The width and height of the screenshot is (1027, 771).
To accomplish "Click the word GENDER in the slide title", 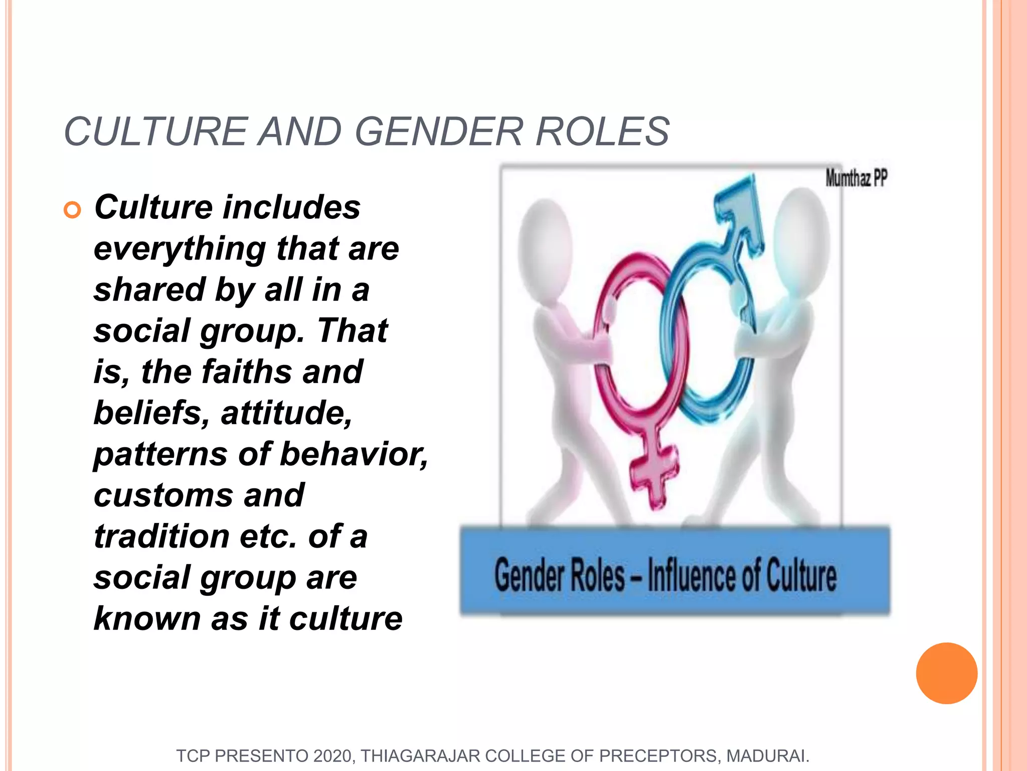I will (439, 132).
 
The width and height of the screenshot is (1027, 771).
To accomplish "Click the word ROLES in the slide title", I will (602, 132).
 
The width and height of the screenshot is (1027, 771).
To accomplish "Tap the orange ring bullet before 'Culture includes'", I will (73, 210).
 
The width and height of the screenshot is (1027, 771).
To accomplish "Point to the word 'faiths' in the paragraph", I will (247, 372).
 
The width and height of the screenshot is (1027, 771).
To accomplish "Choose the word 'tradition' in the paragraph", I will (162, 537).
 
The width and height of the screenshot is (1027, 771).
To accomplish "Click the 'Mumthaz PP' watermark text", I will (856, 178).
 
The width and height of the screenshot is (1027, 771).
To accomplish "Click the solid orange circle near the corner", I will (946, 673).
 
